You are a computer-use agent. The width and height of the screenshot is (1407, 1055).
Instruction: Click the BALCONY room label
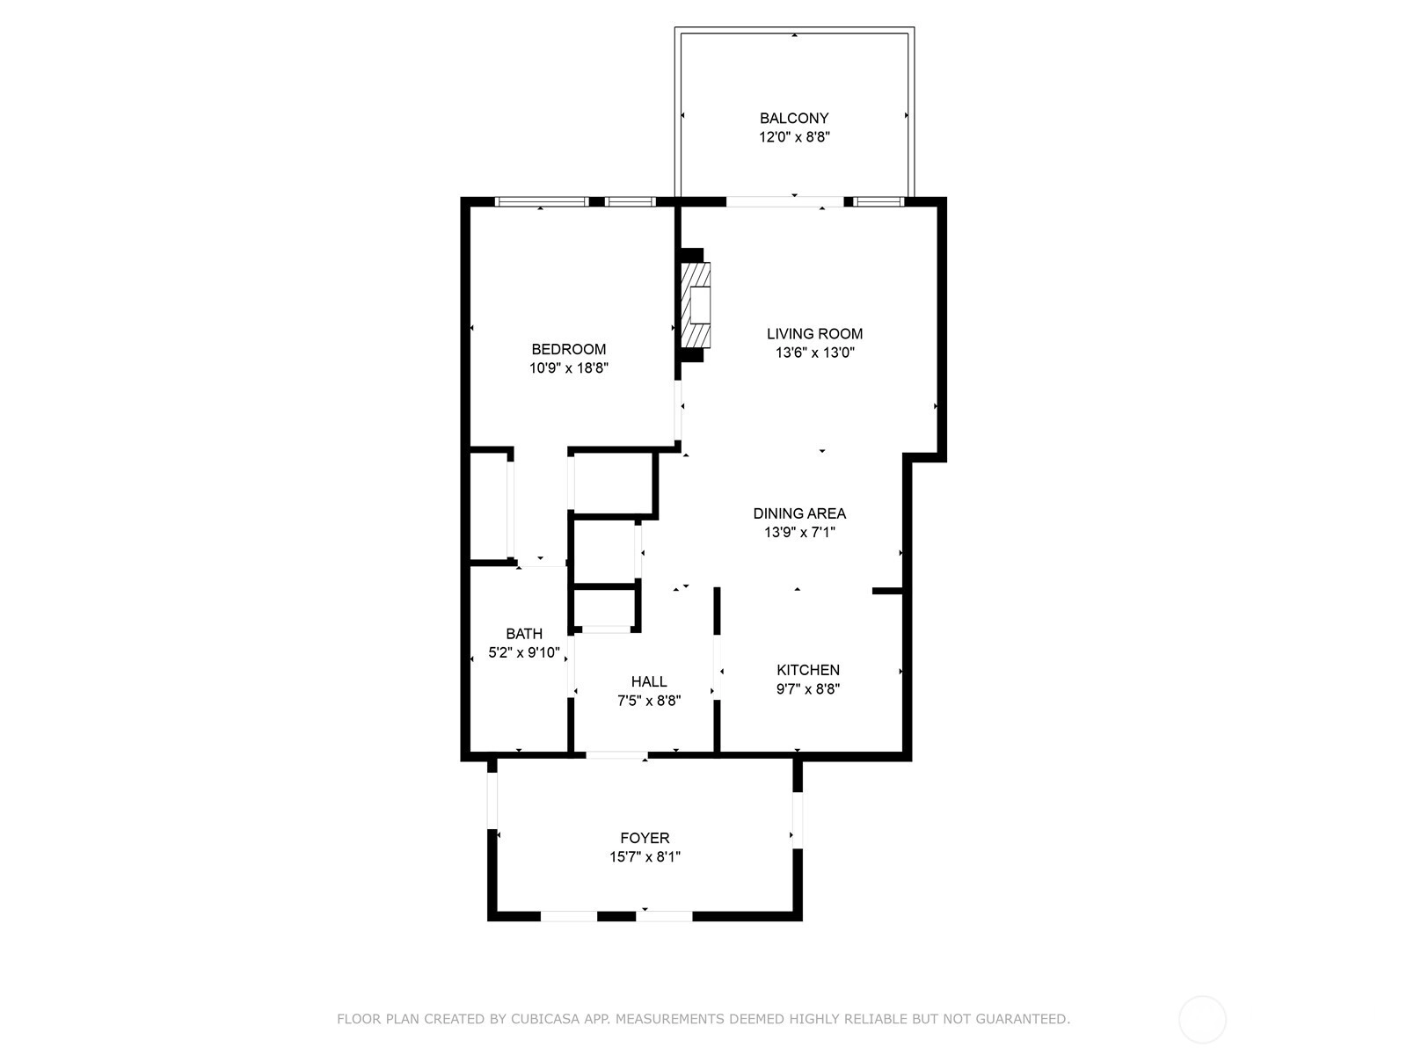(793, 119)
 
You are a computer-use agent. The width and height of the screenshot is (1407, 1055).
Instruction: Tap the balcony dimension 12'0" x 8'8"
(794, 137)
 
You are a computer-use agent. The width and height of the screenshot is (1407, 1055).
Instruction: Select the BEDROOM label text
(569, 349)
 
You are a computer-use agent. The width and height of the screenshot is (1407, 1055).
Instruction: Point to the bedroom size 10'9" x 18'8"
(569, 368)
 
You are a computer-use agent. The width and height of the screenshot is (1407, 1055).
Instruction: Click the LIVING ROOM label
(814, 334)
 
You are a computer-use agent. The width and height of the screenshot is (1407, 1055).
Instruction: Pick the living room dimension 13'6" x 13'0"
(814, 353)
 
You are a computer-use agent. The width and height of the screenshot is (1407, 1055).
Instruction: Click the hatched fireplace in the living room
(696, 305)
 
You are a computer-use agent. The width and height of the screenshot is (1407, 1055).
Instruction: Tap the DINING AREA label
(799, 513)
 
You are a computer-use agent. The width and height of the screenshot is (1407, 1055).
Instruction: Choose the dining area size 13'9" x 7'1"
(799, 532)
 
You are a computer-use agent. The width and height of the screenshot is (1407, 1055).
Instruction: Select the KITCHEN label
(807, 670)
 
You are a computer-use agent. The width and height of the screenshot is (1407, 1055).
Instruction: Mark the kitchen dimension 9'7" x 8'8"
(807, 689)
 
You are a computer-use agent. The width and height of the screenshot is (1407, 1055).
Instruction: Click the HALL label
(649, 681)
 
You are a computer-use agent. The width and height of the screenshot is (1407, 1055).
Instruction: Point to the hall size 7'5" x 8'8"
(649, 701)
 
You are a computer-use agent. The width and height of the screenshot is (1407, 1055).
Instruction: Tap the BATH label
(524, 634)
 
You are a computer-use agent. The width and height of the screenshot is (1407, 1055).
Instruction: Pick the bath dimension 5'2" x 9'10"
(524, 653)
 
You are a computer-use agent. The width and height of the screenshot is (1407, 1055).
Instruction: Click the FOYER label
(645, 838)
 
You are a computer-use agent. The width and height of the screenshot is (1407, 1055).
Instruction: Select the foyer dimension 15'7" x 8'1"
(645, 857)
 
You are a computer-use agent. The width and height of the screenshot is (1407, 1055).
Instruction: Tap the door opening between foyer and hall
(616, 756)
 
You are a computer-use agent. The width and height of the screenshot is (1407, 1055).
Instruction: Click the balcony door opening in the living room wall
(784, 202)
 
